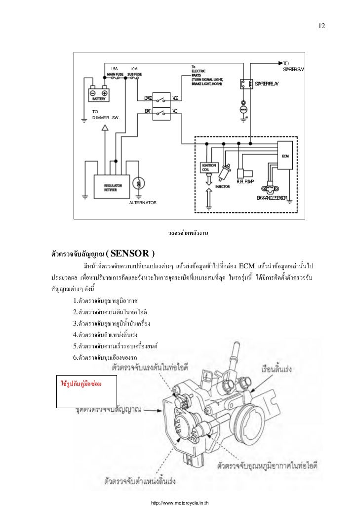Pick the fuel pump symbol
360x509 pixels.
click(x=245, y=173)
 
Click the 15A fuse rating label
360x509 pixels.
click(x=114, y=68)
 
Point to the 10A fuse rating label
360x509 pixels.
click(x=133, y=68)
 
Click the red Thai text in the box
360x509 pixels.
click(x=80, y=383)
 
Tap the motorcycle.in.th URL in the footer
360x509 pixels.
click(x=179, y=503)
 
